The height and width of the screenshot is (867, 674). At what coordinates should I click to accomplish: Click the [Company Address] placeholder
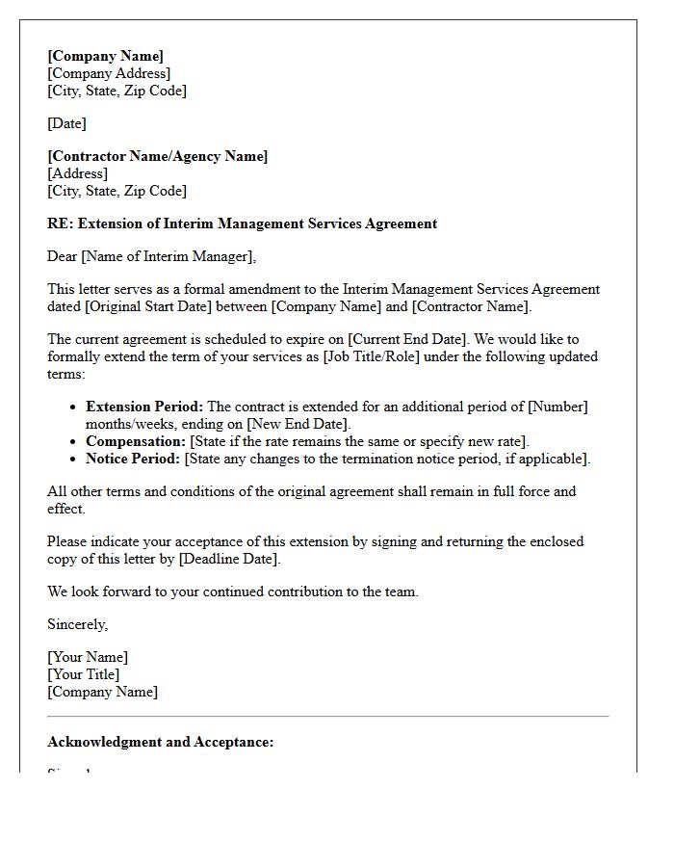[109, 73]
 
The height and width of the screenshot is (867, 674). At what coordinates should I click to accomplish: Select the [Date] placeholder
[66, 123]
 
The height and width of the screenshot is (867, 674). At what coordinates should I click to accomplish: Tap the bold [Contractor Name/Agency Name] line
[158, 156]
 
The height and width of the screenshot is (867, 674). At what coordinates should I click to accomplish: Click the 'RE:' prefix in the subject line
[61, 223]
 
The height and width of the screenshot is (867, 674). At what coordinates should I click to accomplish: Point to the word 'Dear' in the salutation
[63, 256]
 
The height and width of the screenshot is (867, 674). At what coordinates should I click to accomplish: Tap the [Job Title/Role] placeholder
[418, 356]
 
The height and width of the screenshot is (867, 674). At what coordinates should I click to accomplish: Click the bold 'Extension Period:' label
[144, 407]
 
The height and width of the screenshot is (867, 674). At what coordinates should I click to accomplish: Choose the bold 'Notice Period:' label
[133, 459]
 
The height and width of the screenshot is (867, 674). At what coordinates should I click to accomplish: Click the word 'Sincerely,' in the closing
[78, 624]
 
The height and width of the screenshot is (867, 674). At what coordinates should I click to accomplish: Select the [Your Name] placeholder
[88, 657]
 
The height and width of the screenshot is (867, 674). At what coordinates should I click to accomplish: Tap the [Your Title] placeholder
[84, 674]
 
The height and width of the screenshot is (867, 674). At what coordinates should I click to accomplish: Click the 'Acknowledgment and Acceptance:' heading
[161, 742]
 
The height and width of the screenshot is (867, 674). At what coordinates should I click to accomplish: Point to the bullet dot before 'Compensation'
[73, 442]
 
